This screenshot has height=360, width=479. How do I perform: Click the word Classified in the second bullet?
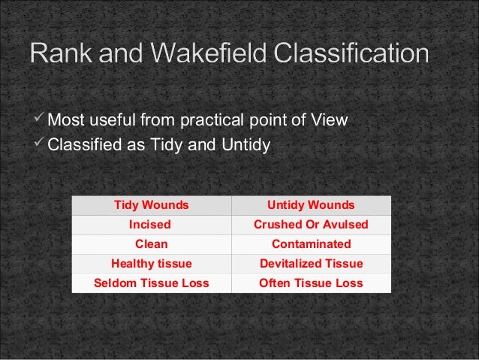[x=80, y=144]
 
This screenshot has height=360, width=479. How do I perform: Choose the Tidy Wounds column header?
[x=151, y=205]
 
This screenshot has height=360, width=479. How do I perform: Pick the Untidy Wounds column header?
[x=311, y=205]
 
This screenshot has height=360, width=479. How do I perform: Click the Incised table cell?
[x=151, y=225]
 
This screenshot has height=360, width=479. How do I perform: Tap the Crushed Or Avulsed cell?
[x=311, y=225]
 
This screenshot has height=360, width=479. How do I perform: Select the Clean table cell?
[x=151, y=244]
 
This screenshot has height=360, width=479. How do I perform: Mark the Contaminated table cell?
[x=311, y=244]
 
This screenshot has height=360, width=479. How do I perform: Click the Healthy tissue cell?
[x=151, y=264]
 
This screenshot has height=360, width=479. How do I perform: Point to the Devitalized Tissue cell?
[x=311, y=264]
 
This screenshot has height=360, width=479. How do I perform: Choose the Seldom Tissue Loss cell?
[x=151, y=283]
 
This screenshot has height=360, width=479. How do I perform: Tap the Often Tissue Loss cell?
[x=311, y=283]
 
